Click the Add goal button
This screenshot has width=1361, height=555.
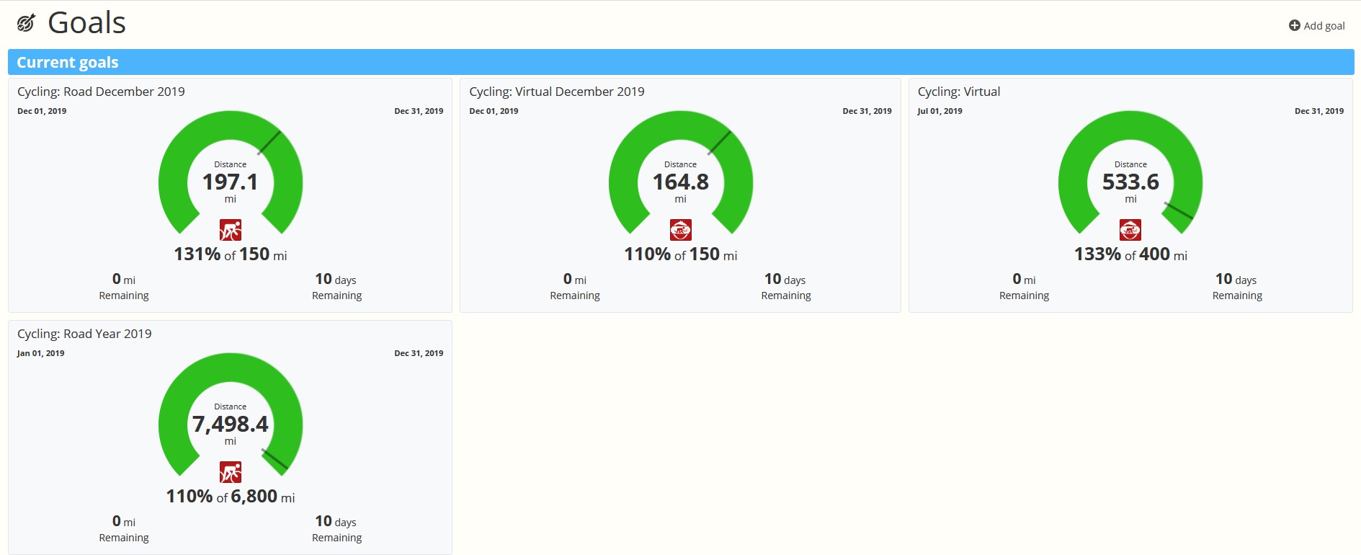1316,26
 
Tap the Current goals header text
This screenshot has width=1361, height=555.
68,63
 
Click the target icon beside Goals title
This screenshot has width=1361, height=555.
26,24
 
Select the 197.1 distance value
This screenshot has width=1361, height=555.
231,182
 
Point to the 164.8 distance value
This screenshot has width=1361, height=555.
681,182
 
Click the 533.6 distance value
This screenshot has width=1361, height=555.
1130,182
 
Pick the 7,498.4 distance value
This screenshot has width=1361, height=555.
231,424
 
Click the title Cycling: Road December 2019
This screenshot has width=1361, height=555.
101,92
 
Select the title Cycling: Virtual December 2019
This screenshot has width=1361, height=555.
557,92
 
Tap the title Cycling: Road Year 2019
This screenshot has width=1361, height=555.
84,334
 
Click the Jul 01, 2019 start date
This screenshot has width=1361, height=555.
940,111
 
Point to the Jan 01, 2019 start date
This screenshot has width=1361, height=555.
41,353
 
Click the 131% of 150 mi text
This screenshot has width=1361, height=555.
231,254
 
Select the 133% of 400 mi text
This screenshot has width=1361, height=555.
1130,254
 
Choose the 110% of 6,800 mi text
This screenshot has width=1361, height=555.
231,497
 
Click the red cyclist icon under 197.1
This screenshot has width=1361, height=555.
231,230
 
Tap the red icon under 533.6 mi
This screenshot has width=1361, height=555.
1130,230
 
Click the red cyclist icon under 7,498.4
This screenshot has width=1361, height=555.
231,472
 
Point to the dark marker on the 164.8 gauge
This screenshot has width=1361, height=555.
719,143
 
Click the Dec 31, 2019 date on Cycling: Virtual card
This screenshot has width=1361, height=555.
1319,111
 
